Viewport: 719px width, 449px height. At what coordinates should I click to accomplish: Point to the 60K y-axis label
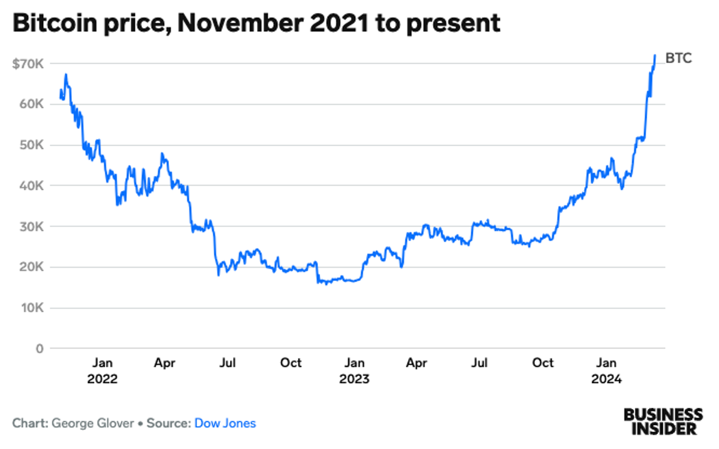coord(31,104)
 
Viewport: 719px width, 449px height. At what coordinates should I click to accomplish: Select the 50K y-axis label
coord(31,145)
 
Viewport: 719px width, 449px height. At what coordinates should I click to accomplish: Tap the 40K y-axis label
coord(31,186)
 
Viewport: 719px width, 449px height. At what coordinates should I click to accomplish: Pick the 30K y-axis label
coord(31,226)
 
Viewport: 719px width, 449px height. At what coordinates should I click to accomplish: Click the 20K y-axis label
coord(31,267)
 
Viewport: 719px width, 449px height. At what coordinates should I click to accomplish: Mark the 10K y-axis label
coord(31,308)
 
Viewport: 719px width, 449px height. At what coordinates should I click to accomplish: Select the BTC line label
coord(678,59)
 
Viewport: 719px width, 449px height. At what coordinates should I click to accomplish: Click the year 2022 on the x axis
coord(102,379)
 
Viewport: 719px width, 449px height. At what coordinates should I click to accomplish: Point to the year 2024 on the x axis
coord(607,379)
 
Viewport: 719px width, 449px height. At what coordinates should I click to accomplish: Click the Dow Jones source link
coord(225,423)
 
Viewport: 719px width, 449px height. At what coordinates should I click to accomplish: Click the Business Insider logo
coord(663,421)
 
